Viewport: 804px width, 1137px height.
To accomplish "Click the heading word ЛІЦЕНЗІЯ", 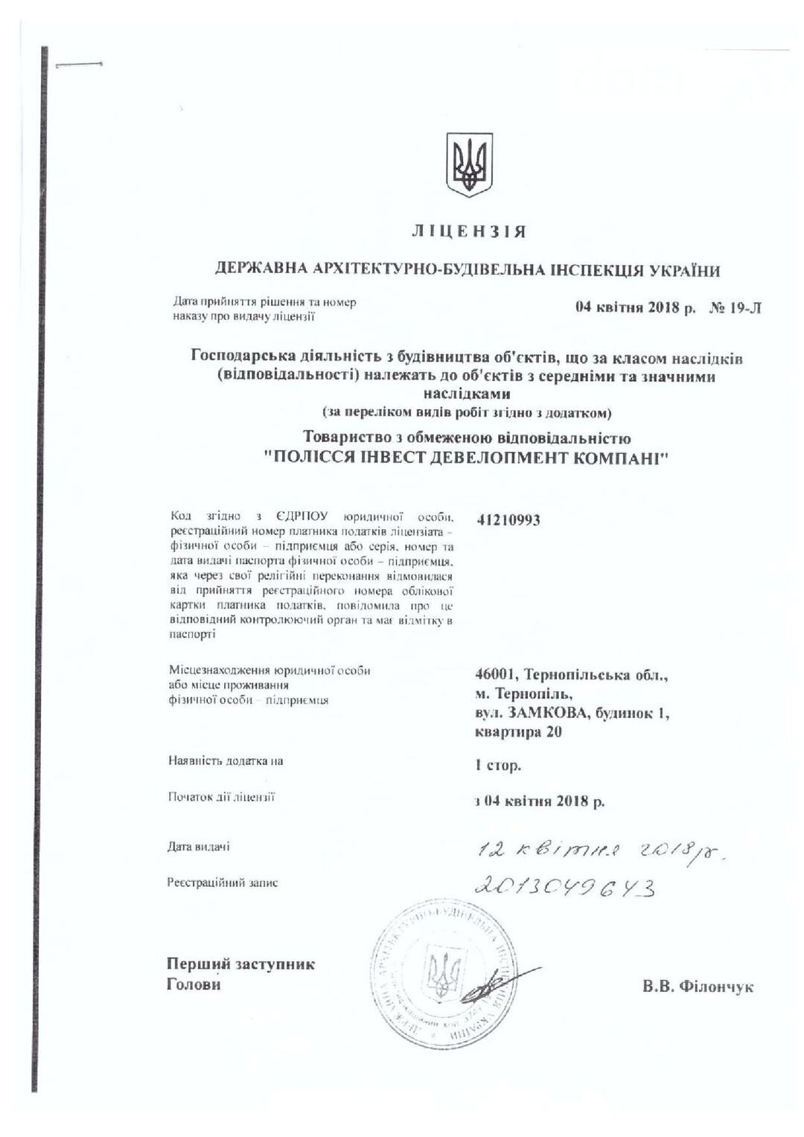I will pyautogui.click(x=469, y=232).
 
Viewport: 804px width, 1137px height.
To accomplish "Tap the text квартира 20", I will pyautogui.click(x=518, y=731).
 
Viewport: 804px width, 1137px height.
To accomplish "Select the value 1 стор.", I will pyautogui.click(x=498, y=765).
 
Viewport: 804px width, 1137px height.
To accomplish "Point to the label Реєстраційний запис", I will pyautogui.click(x=223, y=883).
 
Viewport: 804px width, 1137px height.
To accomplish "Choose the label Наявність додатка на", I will pyautogui.click(x=226, y=761).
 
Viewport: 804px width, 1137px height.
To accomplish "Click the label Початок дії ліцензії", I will pyautogui.click(x=221, y=798).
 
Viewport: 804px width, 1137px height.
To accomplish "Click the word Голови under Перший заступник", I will pyautogui.click(x=194, y=984).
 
